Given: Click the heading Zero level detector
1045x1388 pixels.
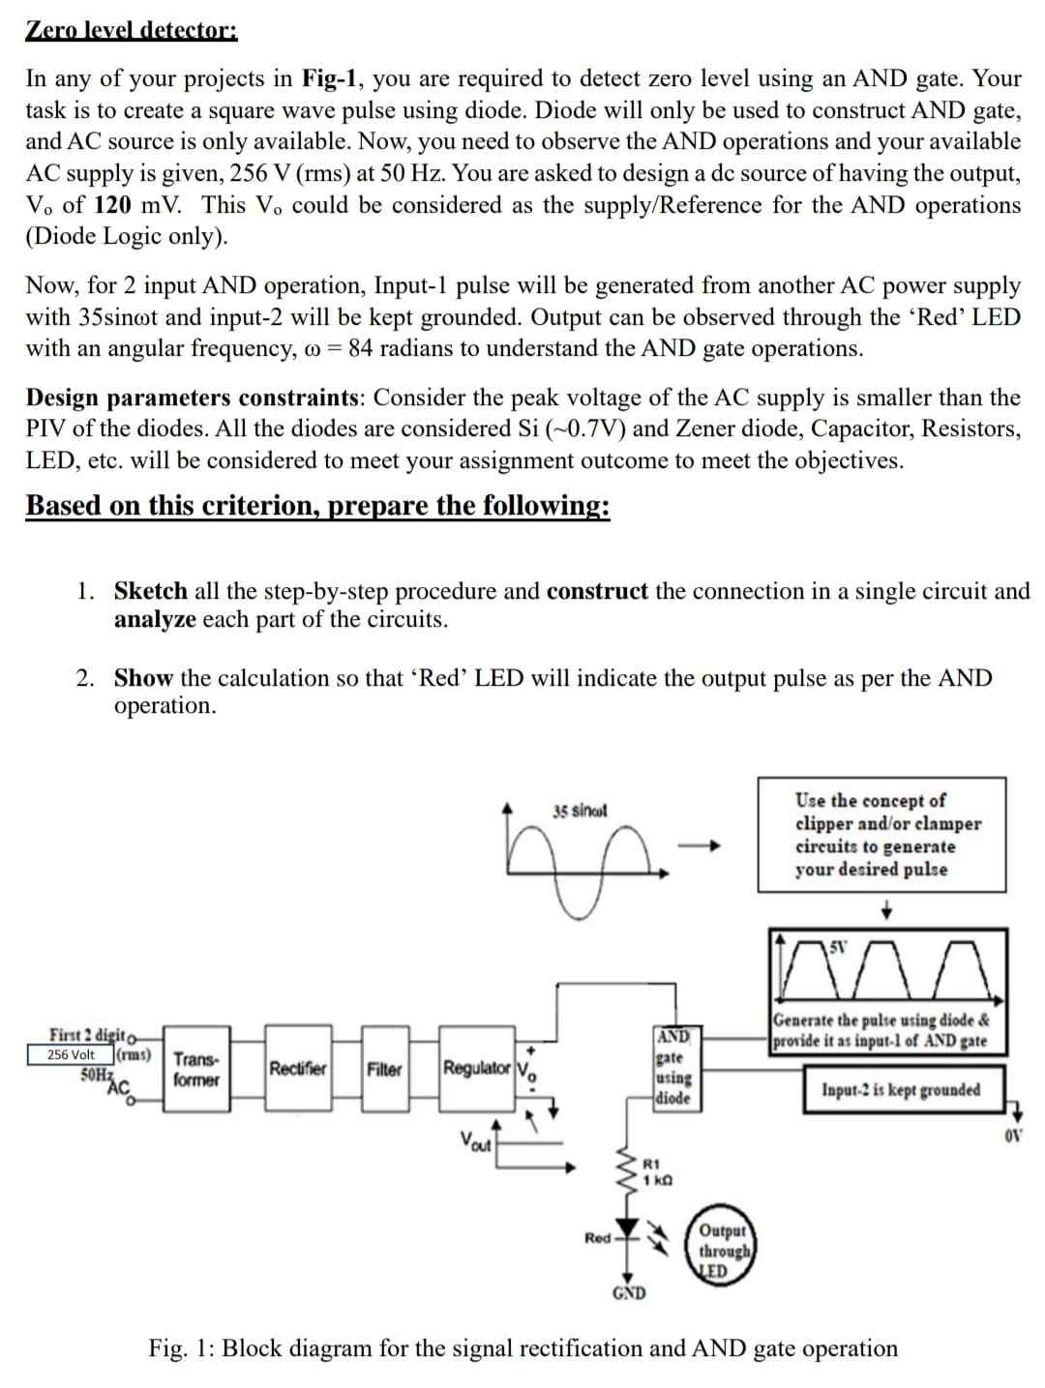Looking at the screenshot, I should [131, 29].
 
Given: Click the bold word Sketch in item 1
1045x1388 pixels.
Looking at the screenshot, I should [150, 591].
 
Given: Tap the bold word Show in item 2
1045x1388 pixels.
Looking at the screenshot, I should [143, 678].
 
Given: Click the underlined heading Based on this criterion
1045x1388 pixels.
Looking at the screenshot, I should [317, 505].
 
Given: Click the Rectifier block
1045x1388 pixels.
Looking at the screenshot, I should [297, 1069].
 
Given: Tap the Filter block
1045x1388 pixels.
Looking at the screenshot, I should [384, 1069].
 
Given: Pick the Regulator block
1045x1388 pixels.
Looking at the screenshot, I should [476, 1069].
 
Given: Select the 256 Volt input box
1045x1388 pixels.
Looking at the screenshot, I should [72, 1054].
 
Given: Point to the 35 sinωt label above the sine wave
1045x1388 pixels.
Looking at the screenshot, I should [580, 811].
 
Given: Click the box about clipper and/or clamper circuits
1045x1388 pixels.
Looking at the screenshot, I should [881, 834].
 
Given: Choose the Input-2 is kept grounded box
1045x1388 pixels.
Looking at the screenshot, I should [901, 1090].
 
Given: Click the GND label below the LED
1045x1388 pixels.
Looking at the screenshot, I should [629, 1293].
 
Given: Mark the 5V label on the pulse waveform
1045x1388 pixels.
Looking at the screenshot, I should [841, 945].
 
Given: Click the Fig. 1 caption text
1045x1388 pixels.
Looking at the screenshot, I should [522, 1348].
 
